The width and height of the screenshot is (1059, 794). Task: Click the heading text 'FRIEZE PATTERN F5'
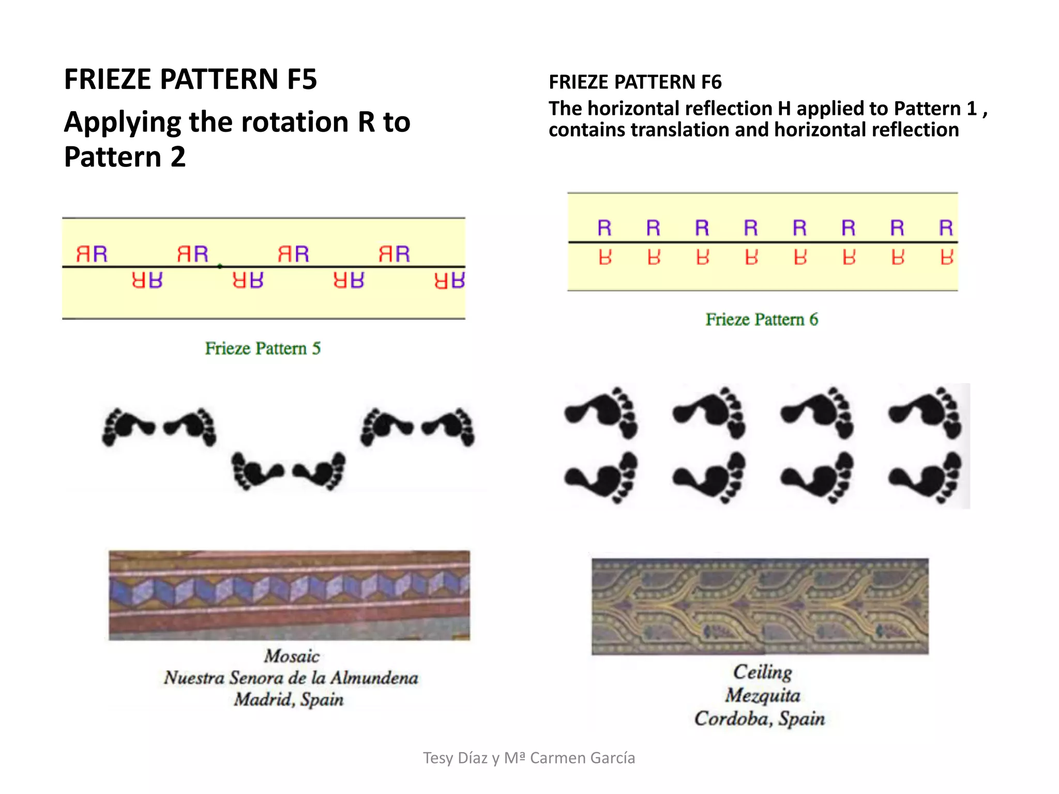click(190, 79)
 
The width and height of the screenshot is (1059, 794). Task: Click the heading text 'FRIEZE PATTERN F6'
click(634, 82)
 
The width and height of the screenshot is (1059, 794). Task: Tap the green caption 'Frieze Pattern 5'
click(263, 348)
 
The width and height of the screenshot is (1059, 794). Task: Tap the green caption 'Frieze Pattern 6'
click(762, 319)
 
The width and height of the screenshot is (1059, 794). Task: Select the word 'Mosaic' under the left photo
click(292, 656)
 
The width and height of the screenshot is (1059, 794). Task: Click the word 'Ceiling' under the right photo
click(762, 672)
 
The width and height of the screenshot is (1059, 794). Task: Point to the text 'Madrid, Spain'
click(289, 699)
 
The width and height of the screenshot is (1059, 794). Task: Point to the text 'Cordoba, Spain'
click(759, 719)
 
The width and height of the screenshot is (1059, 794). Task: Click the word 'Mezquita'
click(762, 695)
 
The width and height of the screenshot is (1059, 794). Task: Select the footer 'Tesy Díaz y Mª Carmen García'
click(529, 758)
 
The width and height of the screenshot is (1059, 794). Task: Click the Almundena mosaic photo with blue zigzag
click(289, 595)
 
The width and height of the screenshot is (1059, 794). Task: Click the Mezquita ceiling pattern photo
click(760, 606)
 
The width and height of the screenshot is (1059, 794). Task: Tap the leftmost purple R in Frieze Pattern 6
click(604, 228)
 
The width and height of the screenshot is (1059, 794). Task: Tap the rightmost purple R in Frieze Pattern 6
click(946, 228)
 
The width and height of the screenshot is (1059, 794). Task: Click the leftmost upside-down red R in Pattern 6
click(605, 257)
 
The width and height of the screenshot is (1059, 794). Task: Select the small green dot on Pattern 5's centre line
click(220, 266)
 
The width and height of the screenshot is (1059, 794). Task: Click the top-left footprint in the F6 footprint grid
click(601, 413)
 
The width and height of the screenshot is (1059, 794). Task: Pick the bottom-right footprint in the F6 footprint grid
click(926, 477)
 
